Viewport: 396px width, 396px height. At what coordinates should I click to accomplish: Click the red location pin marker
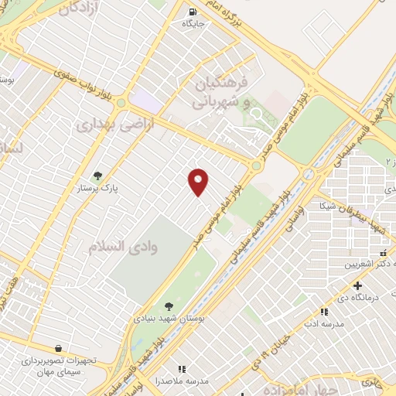[199, 182]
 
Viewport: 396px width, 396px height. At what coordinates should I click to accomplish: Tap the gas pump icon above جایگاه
[193, 12]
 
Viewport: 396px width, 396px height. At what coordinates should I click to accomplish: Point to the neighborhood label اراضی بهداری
[116, 123]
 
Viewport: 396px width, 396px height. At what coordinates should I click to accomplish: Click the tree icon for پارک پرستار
[97, 176]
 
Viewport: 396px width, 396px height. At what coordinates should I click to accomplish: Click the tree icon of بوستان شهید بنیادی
[169, 306]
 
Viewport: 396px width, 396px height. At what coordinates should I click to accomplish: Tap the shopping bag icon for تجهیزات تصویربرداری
[58, 349]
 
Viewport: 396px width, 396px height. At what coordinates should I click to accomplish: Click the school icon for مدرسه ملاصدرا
[183, 370]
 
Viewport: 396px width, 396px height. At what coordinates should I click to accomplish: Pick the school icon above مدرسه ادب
[324, 312]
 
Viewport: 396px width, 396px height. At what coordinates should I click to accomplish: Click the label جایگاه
[193, 24]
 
